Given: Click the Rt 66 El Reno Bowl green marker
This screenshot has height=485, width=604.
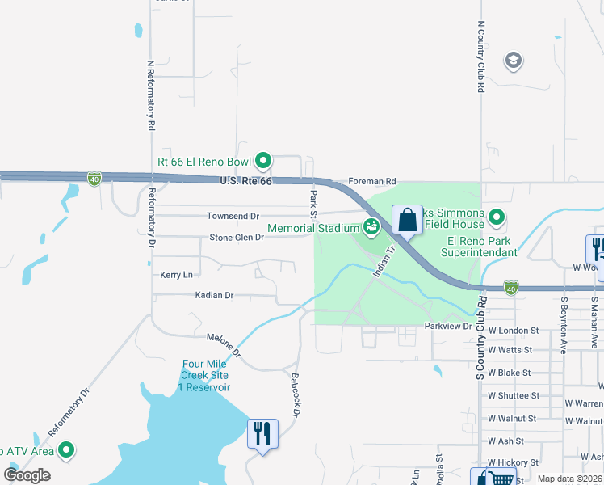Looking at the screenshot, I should coord(263,160).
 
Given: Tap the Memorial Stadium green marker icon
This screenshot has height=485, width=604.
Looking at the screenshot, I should coord(371,228).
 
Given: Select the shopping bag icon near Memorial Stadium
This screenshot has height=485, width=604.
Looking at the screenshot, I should coord(407,220).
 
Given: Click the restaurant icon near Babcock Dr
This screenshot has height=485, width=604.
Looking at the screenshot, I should coord(262,434).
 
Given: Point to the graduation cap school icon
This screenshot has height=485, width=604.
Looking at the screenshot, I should coord(512,61).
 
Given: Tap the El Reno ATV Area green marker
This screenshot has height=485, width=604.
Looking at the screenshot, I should coord(66,450).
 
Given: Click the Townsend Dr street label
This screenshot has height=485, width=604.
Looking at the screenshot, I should coord(233,217).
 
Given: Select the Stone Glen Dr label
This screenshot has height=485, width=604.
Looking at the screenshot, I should coord(237,238).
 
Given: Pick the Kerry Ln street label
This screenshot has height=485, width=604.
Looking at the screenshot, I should coord(177,275).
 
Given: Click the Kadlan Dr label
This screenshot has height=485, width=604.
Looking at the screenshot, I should coord(214,296).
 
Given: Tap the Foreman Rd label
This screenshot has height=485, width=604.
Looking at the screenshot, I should coord(372,182).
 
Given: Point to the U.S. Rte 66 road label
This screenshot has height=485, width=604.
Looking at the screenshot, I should coord(246,181).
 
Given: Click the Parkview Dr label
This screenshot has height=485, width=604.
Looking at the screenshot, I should coord(448,326).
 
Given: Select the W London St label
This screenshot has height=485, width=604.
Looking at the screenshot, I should coord(513,331).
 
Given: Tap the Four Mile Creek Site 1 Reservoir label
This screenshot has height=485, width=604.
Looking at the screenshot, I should coord(206,375).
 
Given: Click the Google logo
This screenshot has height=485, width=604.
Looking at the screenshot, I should coord(27,474).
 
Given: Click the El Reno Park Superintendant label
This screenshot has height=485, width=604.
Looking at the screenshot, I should coord(482,247).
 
